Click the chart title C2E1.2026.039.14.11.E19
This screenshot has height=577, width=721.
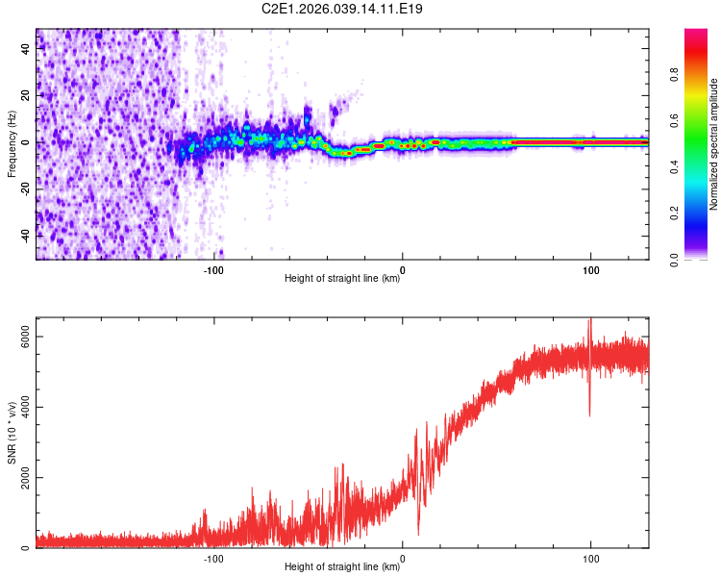click(342, 9)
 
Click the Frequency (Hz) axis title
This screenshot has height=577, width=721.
click(12, 142)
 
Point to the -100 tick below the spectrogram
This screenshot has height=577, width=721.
click(213, 269)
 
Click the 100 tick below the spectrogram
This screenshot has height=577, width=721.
click(590, 269)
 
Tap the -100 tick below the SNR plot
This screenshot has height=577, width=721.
click(213, 559)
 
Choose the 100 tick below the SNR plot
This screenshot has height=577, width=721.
click(590, 559)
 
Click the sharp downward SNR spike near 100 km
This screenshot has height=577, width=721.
click(590, 414)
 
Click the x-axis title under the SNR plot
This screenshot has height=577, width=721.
click(342, 568)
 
